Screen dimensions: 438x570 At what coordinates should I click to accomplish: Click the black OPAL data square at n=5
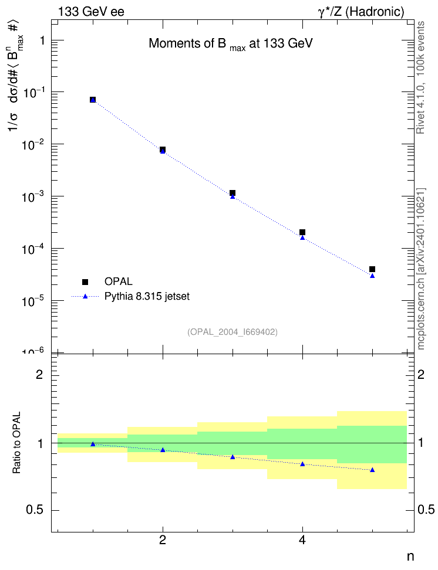tap(372, 269)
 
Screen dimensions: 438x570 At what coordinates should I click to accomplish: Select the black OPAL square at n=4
tap(302, 232)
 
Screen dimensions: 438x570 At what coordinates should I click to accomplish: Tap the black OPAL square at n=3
tap(233, 193)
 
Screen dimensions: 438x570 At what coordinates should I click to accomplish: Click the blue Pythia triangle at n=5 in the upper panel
tap(372, 276)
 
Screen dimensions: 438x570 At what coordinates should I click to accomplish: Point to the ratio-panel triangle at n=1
tap(93, 444)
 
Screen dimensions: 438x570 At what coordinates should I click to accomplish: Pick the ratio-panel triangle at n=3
tap(233, 457)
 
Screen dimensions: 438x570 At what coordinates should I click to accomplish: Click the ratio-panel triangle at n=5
tap(372, 470)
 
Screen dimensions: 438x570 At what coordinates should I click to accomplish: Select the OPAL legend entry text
tap(119, 281)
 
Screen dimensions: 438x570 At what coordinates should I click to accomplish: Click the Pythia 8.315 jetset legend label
tap(147, 297)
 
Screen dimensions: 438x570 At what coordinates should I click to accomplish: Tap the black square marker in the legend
tap(85, 282)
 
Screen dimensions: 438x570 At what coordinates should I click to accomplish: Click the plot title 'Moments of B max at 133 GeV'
tap(231, 45)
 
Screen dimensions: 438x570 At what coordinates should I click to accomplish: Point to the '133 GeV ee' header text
tap(92, 12)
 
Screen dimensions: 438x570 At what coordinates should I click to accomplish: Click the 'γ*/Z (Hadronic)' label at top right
tap(361, 12)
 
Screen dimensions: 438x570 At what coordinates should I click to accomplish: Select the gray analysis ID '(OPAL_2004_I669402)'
tap(233, 333)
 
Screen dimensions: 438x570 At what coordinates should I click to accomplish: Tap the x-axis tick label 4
tap(302, 541)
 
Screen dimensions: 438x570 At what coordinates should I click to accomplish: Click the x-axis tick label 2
tap(163, 541)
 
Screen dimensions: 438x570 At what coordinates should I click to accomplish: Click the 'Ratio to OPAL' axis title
tap(17, 443)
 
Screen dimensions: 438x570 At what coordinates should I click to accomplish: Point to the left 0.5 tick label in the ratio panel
tap(35, 510)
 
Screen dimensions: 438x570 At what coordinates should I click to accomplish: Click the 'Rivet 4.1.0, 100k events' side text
tap(420, 77)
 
